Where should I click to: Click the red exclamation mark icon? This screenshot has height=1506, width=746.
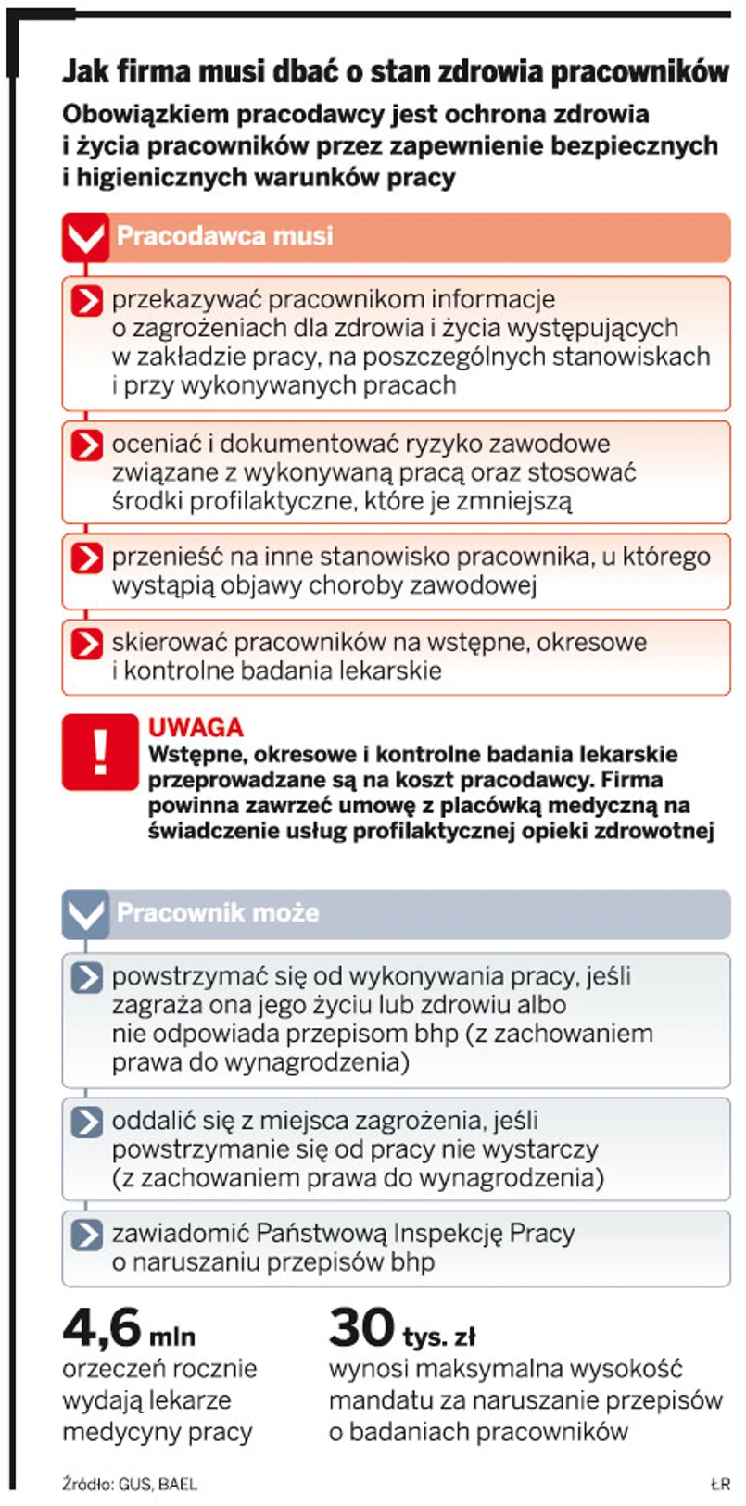99,751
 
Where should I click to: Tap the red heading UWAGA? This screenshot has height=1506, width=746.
196,727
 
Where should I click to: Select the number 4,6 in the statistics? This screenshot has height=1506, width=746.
102,1328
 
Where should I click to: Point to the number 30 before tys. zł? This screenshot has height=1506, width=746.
361,1328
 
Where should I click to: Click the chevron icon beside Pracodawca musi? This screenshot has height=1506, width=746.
85,237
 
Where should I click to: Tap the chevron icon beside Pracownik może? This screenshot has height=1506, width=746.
85,914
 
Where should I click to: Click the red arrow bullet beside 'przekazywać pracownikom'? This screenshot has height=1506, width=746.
86,301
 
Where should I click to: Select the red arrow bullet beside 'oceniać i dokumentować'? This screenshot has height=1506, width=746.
86,445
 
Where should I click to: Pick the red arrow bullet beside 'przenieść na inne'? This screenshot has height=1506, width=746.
86,558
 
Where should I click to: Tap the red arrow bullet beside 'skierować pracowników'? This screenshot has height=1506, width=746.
86,643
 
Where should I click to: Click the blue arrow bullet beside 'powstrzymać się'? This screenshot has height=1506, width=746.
86,977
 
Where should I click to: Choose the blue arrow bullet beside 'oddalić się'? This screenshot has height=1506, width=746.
86,1122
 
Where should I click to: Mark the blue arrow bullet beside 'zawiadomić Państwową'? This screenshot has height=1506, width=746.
86,1235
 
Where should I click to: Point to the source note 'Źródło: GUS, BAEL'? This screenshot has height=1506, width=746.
129,1483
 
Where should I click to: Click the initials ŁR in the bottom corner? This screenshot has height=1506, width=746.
720,1484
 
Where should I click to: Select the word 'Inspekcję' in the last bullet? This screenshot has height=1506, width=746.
448,1234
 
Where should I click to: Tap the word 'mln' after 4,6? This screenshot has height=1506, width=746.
172,1337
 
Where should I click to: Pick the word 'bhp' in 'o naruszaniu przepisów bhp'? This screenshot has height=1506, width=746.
412,1262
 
